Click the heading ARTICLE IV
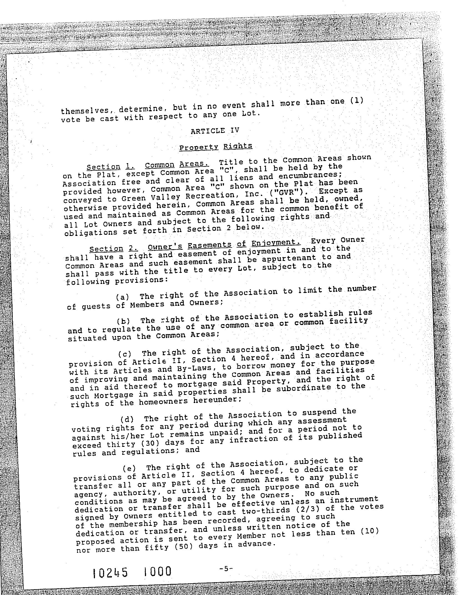pyautogui.click(x=215, y=130)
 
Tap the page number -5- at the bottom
pyautogui.click(x=225, y=569)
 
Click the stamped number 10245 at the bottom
pyautogui.click(x=110, y=572)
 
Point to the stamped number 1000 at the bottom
pyautogui.click(x=158, y=571)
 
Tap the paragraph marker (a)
pyautogui.click(x=122, y=297)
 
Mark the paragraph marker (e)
pyautogui.click(x=129, y=469)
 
